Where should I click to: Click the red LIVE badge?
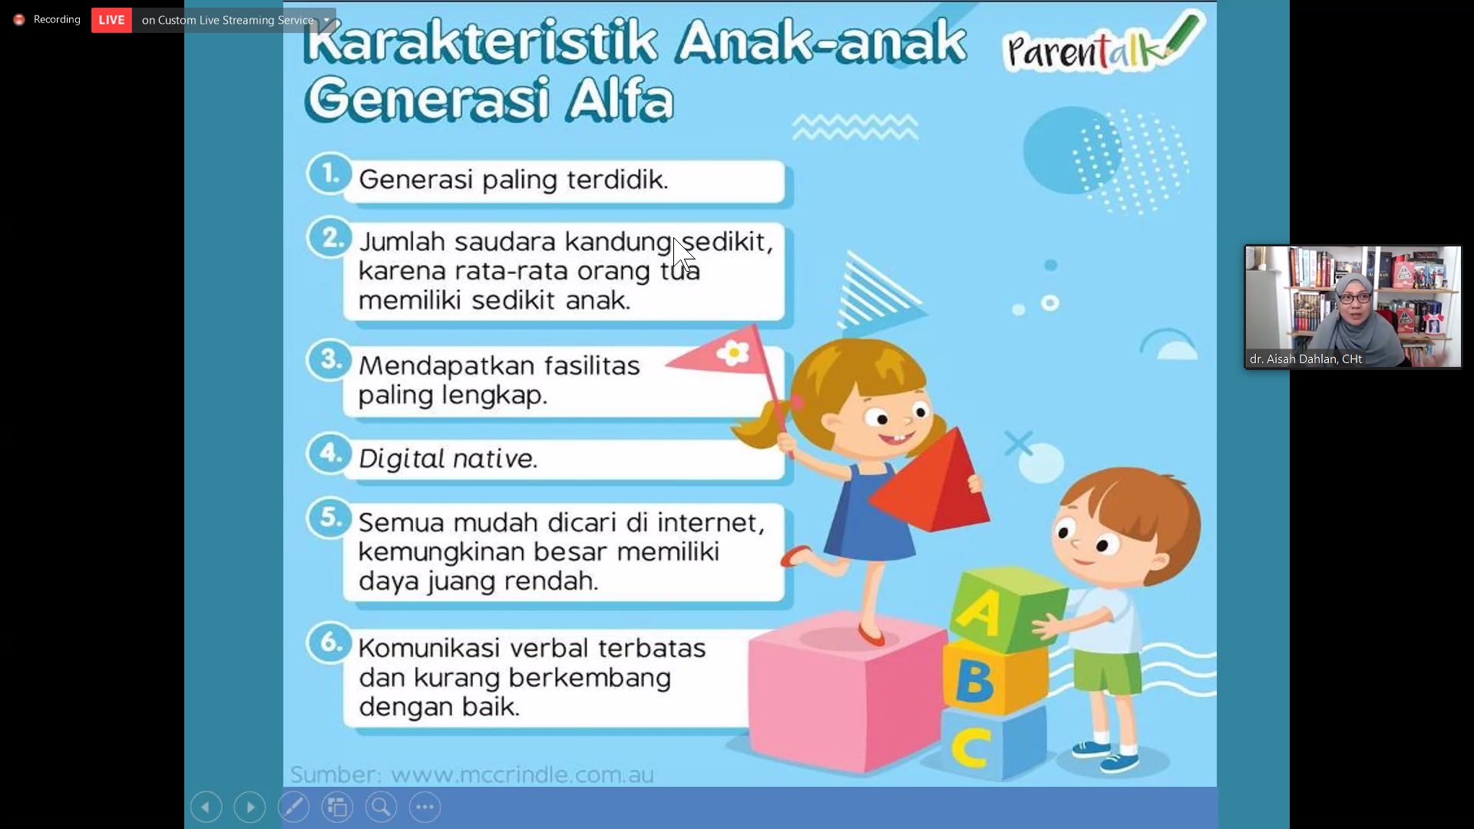(111, 20)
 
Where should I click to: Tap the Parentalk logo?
(1104, 44)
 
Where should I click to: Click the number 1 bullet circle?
(330, 174)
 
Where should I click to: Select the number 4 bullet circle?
(330, 454)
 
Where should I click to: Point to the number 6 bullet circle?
(330, 642)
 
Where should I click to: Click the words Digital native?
(448, 458)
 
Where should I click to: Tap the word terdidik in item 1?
(617, 180)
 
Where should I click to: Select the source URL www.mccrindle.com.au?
(522, 775)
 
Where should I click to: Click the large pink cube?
(846, 691)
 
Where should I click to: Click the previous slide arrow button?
(206, 807)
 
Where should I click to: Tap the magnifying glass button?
(381, 807)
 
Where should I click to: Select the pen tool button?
(293, 807)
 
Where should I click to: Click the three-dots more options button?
(425, 807)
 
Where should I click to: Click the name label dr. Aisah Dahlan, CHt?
(1305, 358)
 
